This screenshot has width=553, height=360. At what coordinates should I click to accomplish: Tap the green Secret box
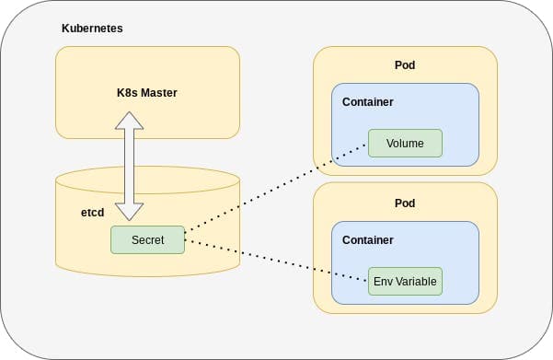pyautogui.click(x=147, y=239)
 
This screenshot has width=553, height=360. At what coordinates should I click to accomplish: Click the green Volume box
pyautogui.click(x=405, y=143)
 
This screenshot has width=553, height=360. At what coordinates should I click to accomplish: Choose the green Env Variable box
pyautogui.click(x=405, y=281)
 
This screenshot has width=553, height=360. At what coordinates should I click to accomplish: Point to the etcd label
pyautogui.click(x=93, y=212)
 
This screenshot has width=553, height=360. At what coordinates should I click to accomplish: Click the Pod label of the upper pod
pyautogui.click(x=405, y=65)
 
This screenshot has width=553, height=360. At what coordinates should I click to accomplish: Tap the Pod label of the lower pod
pyautogui.click(x=405, y=203)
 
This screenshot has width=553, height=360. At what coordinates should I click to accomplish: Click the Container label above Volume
pyautogui.click(x=367, y=101)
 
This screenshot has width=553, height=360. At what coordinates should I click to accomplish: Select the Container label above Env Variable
pyautogui.click(x=367, y=239)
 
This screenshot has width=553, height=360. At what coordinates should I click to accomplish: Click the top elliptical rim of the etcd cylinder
pyautogui.click(x=147, y=172)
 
